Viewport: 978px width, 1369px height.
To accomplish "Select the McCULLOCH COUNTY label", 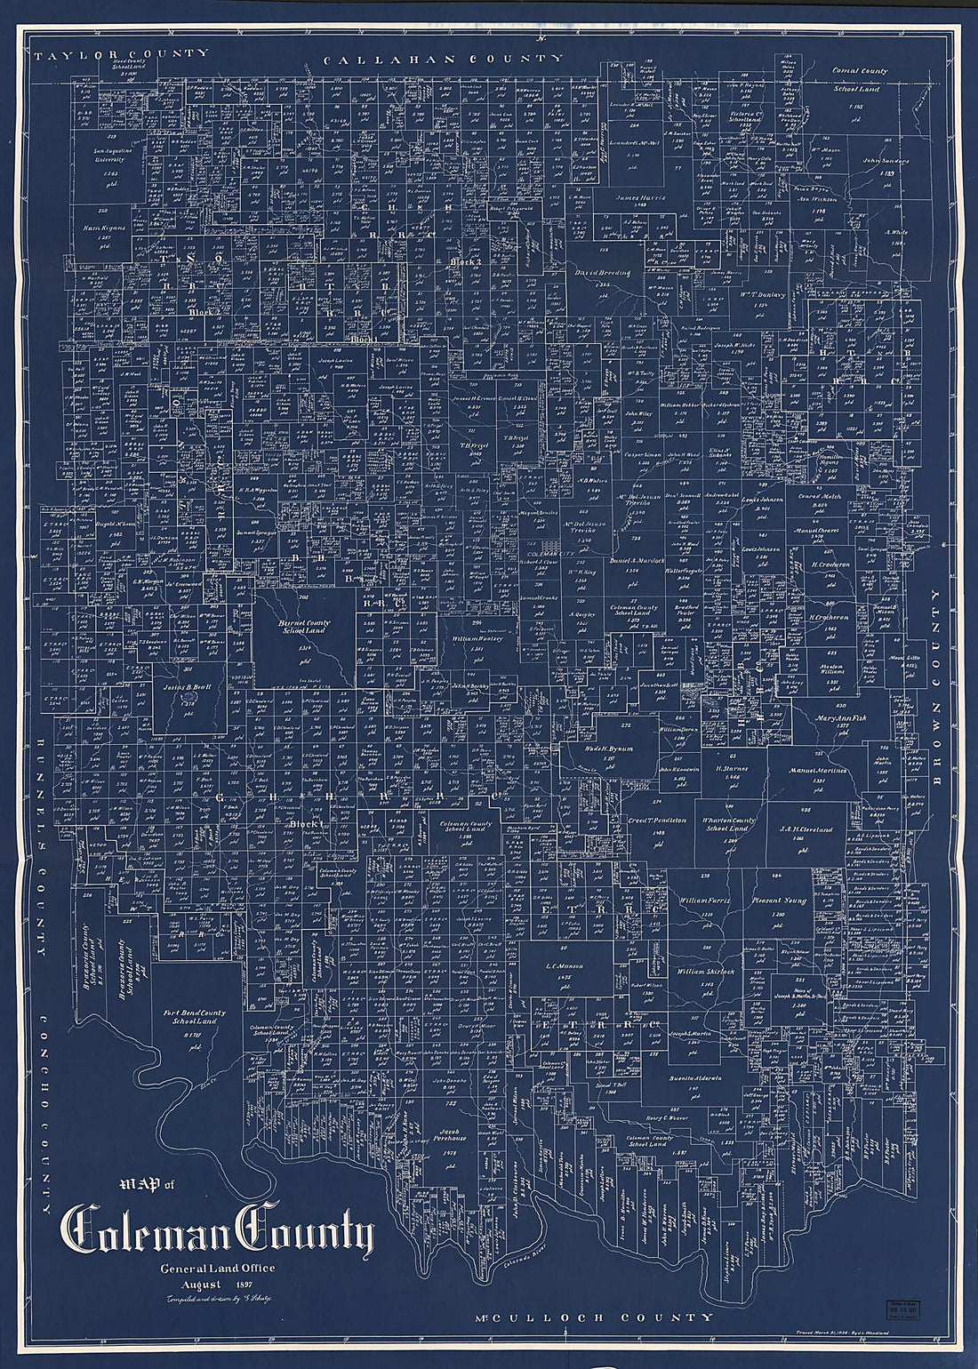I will (x=593, y=1317).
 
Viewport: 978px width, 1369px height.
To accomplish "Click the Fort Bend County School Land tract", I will (x=195, y=1018).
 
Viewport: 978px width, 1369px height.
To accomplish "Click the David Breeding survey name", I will (x=602, y=274).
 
